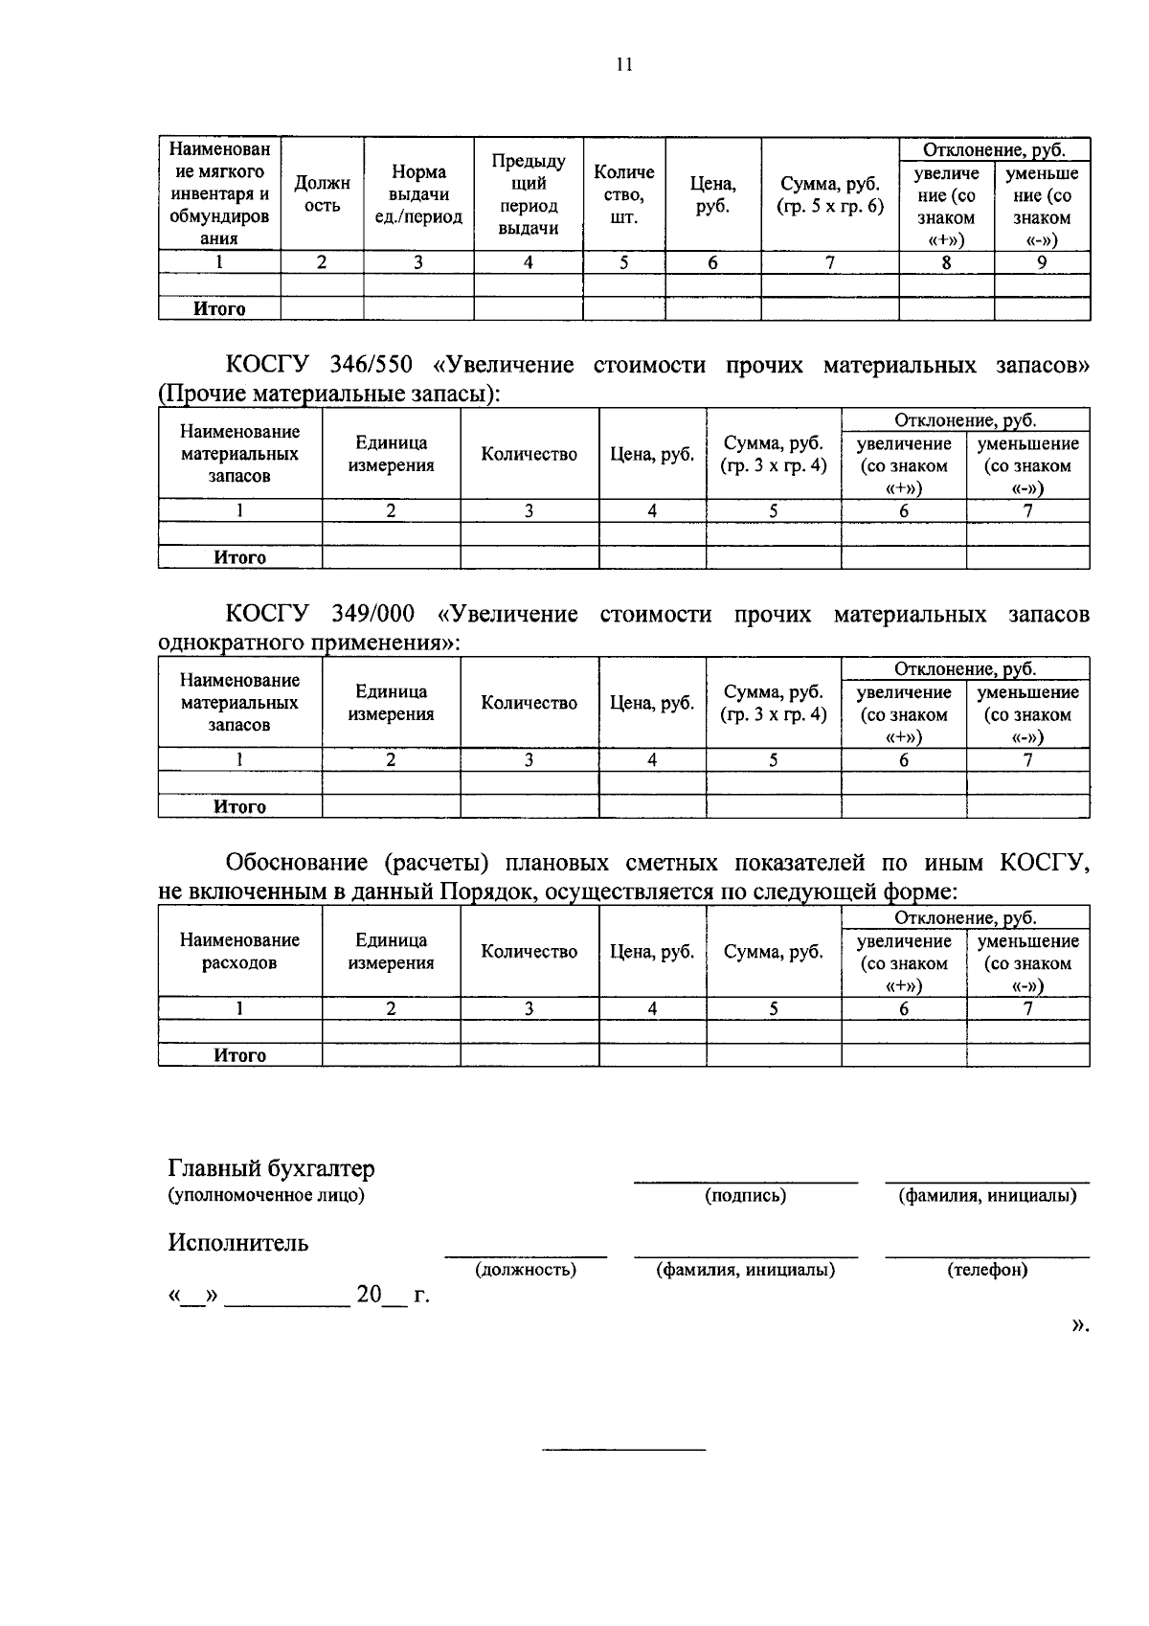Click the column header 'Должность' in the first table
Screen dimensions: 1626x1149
tap(322, 194)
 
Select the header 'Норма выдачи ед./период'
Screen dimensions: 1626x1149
tap(418, 194)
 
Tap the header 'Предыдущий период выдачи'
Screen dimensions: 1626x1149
tap(529, 194)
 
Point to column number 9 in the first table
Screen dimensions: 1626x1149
tap(1042, 262)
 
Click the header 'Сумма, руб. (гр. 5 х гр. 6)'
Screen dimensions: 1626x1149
tap(830, 194)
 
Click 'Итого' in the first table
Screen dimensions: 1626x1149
tap(219, 308)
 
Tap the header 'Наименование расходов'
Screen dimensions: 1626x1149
tap(239, 951)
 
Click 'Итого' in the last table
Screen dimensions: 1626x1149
tap(239, 1055)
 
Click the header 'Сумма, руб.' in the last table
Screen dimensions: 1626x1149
tap(773, 951)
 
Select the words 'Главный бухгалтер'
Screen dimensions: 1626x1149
tap(271, 1168)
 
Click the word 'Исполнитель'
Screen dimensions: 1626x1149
tap(238, 1243)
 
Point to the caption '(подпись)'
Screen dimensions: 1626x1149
tap(745, 1195)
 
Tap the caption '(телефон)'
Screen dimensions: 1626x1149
tap(987, 1270)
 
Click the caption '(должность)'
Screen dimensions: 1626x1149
tap(526, 1270)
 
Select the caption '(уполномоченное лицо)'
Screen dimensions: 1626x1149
tap(266, 1195)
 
